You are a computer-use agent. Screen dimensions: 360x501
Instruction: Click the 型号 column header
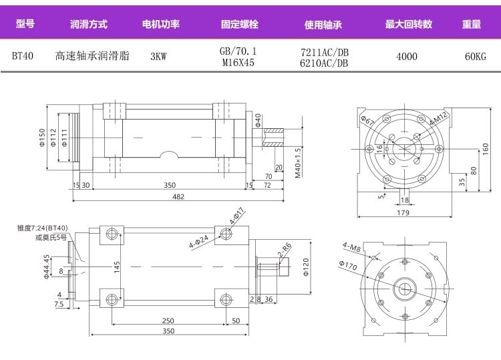coord(25,25)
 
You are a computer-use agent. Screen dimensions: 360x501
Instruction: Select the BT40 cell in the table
coord(24,56)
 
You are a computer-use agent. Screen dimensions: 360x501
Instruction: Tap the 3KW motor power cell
coord(158,56)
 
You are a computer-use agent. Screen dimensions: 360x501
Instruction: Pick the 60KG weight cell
coord(475,56)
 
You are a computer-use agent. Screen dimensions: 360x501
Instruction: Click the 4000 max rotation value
coord(406,56)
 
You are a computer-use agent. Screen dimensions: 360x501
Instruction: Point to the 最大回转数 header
coord(408,25)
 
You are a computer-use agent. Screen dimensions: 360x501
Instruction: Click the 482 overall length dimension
coord(178,196)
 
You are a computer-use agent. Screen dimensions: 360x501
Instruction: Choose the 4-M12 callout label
coord(438,120)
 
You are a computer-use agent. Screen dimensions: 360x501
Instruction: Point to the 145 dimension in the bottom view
coord(116,266)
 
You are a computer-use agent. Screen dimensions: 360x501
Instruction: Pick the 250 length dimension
coord(167,320)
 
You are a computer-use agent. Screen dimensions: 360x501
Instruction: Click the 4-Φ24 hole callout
coord(199,239)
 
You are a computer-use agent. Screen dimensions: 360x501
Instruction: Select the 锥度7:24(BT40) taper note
coord(43,228)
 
